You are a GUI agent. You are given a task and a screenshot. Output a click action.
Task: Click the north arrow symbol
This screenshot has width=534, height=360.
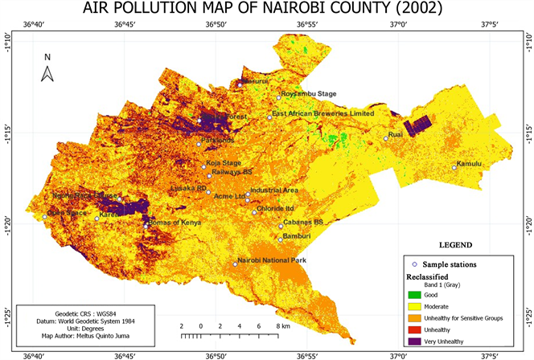click(47, 73)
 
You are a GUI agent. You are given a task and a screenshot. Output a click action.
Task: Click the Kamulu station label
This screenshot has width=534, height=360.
click(469, 164)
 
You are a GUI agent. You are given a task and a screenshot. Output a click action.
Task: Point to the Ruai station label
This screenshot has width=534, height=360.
click(395, 134)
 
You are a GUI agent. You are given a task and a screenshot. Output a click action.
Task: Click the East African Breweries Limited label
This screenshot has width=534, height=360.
click(323, 114)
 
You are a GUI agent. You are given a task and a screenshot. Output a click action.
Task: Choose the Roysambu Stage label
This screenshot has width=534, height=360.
click(310, 94)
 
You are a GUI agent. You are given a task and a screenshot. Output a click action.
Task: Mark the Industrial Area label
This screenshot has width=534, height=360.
click(274, 190)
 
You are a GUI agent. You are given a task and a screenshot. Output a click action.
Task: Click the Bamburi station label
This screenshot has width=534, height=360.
click(294, 235)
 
